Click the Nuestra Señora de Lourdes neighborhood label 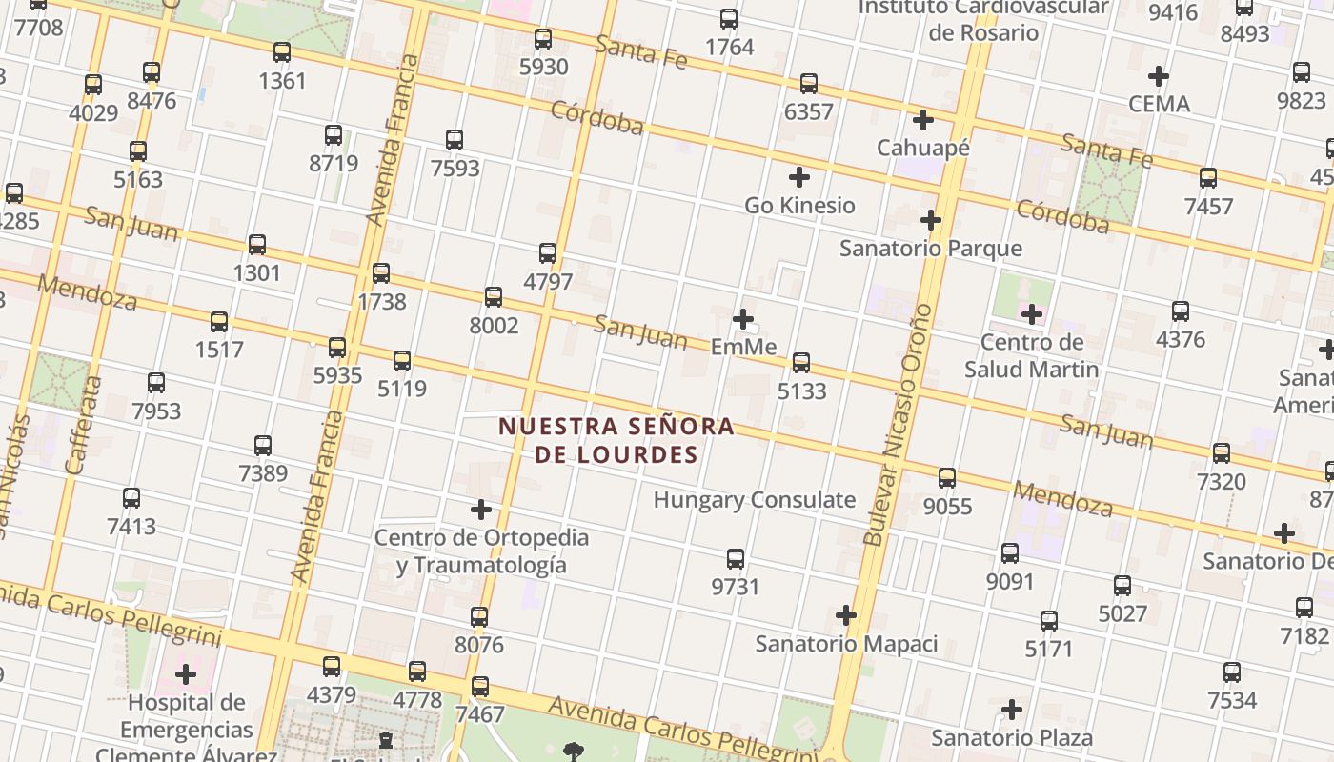pyautogui.click(x=616, y=439)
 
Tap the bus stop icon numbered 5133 pyautogui.click(x=801, y=363)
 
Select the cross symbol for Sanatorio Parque pyautogui.click(x=931, y=221)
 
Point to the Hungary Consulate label pyautogui.click(x=754, y=500)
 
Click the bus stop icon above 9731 pyautogui.click(x=736, y=559)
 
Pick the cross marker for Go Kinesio pyautogui.click(x=799, y=177)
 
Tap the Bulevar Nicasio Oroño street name pyautogui.click(x=897, y=424)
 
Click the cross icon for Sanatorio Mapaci pyautogui.click(x=846, y=615)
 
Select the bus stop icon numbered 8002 pyautogui.click(x=494, y=297)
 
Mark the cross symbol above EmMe pyautogui.click(x=743, y=319)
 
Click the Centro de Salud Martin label pyautogui.click(x=1031, y=355)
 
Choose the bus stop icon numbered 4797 pyautogui.click(x=548, y=253)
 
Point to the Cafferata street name pyautogui.click(x=84, y=425)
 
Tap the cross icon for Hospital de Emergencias pyautogui.click(x=186, y=675)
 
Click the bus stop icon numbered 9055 pyautogui.click(x=947, y=478)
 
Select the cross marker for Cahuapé pyautogui.click(x=922, y=120)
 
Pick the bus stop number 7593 pyautogui.click(x=455, y=169)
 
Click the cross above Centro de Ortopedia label pyautogui.click(x=481, y=510)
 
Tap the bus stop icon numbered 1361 pyautogui.click(x=282, y=52)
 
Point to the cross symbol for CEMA pyautogui.click(x=1159, y=75)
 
